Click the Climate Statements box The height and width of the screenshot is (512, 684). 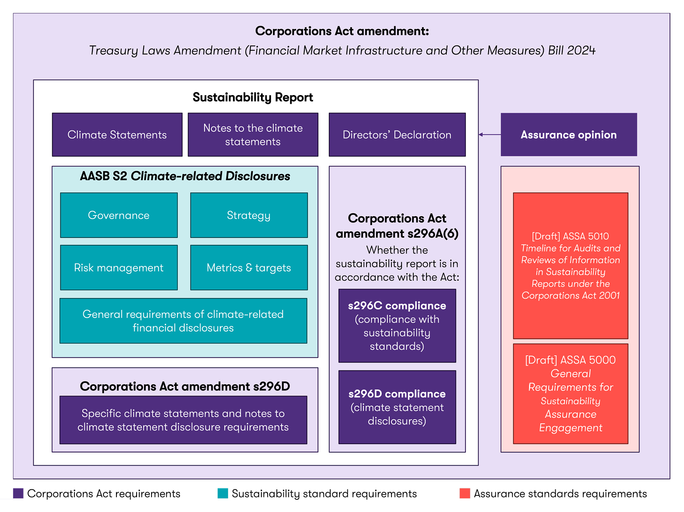tap(117, 134)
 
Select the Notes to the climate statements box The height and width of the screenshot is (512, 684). tap(253, 134)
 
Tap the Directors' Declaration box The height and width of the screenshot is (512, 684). tap(397, 134)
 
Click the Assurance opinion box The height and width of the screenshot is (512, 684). tap(568, 134)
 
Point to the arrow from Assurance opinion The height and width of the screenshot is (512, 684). tap(489, 134)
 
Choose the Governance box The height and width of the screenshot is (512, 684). tap(119, 215)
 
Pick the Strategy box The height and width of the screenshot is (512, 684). tap(249, 215)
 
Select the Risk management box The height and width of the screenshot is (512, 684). tap(119, 268)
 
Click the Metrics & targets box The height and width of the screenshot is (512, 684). tap(249, 268)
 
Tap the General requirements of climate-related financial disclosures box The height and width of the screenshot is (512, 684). tap(183, 321)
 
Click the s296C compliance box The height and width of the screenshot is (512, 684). tap(397, 325)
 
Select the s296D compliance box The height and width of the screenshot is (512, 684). tap(397, 407)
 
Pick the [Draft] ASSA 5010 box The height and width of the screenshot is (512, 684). tap(570, 265)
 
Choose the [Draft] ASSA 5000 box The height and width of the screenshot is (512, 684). tap(570, 393)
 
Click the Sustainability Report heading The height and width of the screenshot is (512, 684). tap(253, 97)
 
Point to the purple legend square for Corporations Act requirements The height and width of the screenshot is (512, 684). tap(18, 493)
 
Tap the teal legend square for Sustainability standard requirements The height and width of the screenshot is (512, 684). tap(222, 493)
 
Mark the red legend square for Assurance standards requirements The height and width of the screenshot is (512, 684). tap(465, 493)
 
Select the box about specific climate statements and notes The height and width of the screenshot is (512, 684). tap(183, 420)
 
